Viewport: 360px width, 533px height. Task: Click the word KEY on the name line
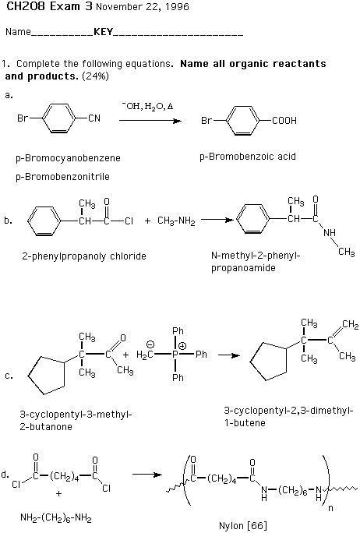click(104, 32)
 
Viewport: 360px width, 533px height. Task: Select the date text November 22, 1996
click(143, 7)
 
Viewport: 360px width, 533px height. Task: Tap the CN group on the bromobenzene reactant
click(94, 118)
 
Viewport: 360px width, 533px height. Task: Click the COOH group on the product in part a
click(284, 121)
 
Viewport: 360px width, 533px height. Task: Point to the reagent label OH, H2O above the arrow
click(147, 107)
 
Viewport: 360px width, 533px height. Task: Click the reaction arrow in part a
click(150, 121)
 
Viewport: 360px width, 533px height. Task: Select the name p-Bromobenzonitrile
click(62, 177)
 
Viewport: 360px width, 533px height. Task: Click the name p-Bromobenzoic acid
click(248, 157)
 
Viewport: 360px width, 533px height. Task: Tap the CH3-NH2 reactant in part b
click(176, 221)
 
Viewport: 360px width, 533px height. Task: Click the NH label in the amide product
click(330, 233)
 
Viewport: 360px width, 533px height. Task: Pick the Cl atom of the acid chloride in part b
click(129, 221)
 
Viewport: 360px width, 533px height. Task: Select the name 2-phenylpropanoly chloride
click(84, 256)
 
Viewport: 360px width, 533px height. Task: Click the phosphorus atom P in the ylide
click(175, 355)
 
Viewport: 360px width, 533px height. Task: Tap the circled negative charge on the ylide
click(150, 345)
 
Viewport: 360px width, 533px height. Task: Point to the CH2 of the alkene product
click(350, 324)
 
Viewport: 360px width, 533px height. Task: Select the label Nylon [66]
click(242, 525)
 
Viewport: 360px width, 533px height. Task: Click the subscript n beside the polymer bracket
click(330, 509)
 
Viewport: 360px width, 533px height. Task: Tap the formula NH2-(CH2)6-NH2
click(56, 518)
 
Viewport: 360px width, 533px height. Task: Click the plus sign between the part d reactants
click(58, 493)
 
